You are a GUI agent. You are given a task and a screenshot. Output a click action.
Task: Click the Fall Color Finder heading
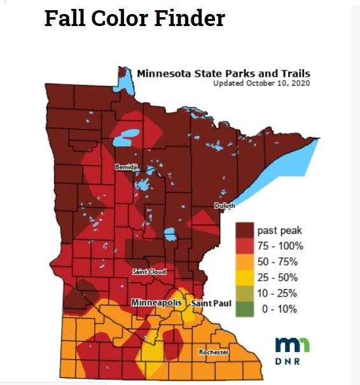pyautogui.click(x=134, y=18)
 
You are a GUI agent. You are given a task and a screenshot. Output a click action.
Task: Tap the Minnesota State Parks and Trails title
pyautogui.click(x=223, y=73)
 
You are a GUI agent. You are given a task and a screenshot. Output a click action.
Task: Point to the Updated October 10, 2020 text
pyautogui.click(x=261, y=83)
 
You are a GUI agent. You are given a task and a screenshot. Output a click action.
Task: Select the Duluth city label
pyautogui.click(x=225, y=206)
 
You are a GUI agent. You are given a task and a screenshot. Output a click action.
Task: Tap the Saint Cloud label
pyautogui.click(x=149, y=272)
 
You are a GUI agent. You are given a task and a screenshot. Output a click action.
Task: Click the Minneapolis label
pyautogui.click(x=156, y=303)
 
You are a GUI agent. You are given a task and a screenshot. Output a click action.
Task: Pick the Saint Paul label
pyautogui.click(x=211, y=304)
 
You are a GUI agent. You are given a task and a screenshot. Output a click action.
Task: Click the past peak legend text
pyautogui.click(x=279, y=230)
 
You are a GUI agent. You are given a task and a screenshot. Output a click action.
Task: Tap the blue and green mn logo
pyautogui.click(x=293, y=344)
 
